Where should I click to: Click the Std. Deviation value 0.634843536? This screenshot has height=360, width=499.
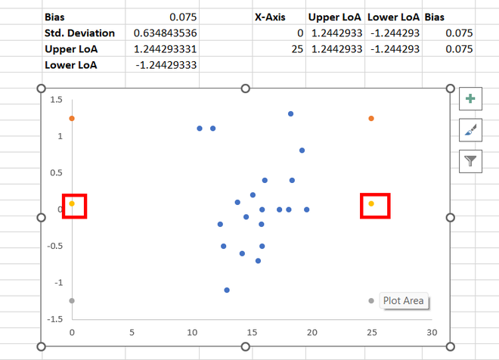pyautogui.click(x=165, y=33)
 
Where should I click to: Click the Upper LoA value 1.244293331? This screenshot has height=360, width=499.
pyautogui.click(x=165, y=49)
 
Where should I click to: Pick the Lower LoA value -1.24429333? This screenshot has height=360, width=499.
pyautogui.click(x=165, y=65)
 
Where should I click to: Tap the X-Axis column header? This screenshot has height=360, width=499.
pyautogui.click(x=270, y=17)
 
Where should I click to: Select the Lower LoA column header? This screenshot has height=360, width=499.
pyautogui.click(x=392, y=17)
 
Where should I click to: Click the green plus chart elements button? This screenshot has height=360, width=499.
pyautogui.click(x=471, y=99)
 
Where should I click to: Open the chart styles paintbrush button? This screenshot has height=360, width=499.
pyautogui.click(x=471, y=130)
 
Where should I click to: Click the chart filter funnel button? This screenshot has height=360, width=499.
pyautogui.click(x=471, y=160)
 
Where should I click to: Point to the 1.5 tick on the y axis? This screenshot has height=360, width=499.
pyautogui.click(x=56, y=100)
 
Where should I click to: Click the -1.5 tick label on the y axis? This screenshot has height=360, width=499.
pyautogui.click(x=54, y=319)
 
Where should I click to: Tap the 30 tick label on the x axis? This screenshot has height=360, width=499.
pyautogui.click(x=432, y=331)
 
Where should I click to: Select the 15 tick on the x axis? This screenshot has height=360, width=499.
pyautogui.click(x=252, y=331)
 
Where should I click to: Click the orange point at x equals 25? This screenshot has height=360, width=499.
pyautogui.click(x=371, y=119)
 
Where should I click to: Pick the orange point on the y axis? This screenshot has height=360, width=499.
pyautogui.click(x=72, y=119)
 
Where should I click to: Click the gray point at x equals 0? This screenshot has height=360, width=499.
pyautogui.click(x=72, y=301)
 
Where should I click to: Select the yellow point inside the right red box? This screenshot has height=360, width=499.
pyautogui.click(x=371, y=203)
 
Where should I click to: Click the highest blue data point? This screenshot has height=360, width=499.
pyautogui.click(x=290, y=114)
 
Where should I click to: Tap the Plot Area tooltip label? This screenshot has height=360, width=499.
pyautogui.click(x=404, y=300)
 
